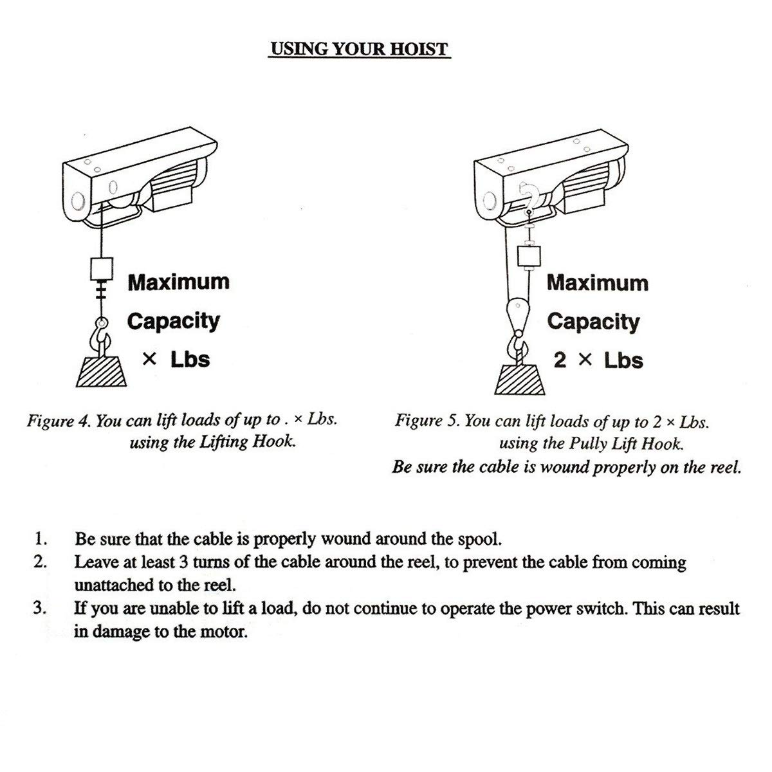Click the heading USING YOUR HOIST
coord(358,49)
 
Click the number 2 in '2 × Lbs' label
coord(560,360)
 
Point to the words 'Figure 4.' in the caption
coord(59,421)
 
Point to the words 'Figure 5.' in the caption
coord(427,422)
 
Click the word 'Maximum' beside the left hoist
coord(178,282)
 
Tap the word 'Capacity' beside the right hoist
coord(593,321)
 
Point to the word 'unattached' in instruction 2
coord(113,585)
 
